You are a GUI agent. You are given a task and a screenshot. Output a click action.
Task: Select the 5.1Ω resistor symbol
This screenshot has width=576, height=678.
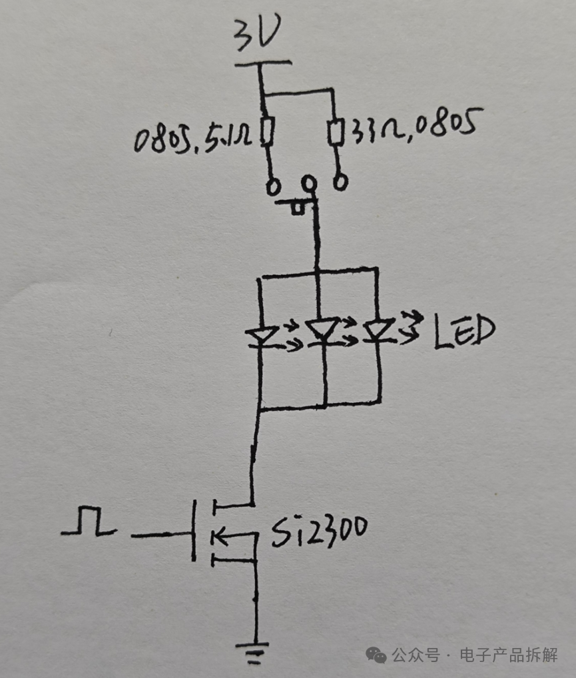point(268,132)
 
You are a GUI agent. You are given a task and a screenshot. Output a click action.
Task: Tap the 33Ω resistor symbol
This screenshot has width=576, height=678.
point(336,131)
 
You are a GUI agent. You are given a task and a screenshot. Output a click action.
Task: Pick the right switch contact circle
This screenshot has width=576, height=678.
point(341,182)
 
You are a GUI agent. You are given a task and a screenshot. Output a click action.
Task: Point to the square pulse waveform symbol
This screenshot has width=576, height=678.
point(89,521)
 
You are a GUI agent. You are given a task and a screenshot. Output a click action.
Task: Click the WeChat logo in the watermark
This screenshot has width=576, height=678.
point(376,655)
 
